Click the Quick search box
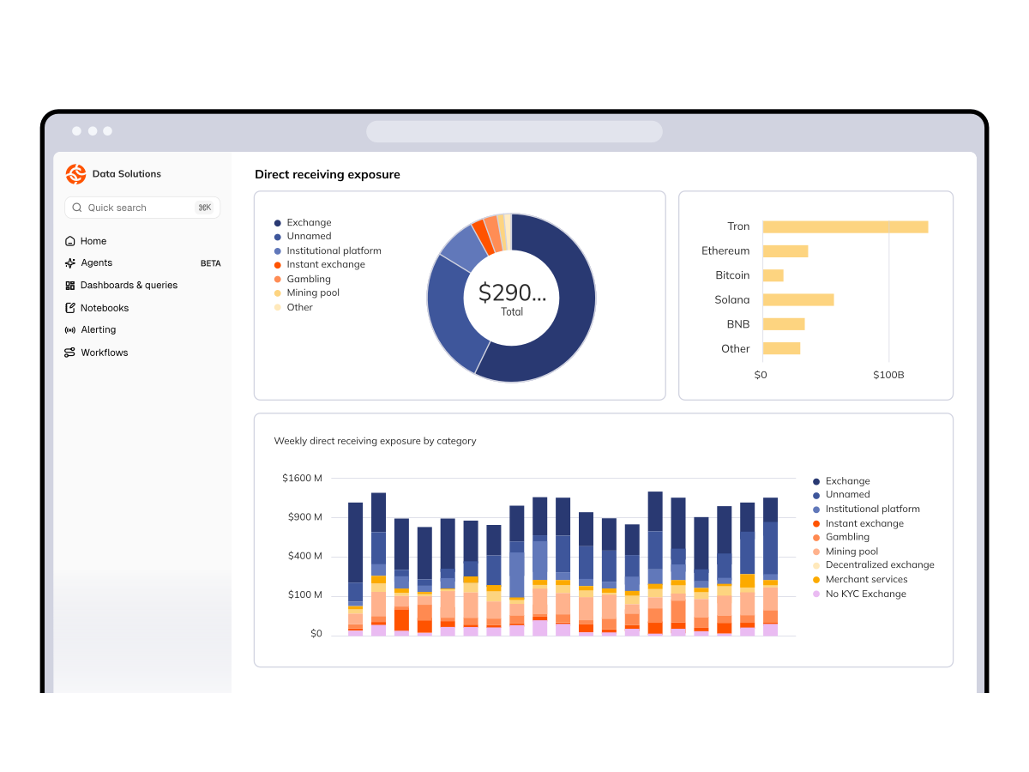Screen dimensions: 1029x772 (x=142, y=208)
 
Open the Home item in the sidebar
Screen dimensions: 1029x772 (x=86, y=241)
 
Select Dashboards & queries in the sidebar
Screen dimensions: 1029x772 (x=121, y=285)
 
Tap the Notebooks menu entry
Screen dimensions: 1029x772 (x=97, y=308)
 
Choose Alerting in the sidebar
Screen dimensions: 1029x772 (x=90, y=329)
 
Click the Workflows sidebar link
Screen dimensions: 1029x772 (x=96, y=353)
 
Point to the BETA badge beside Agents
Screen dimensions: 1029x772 (x=210, y=263)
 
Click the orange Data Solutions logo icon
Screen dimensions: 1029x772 (x=76, y=174)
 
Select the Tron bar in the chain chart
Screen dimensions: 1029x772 (x=845, y=226)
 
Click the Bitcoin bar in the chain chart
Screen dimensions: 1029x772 (x=773, y=275)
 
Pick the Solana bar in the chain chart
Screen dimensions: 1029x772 (x=798, y=299)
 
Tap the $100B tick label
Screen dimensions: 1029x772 (x=888, y=375)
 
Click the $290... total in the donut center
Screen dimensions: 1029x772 (x=512, y=293)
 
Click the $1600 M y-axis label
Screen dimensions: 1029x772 (x=302, y=478)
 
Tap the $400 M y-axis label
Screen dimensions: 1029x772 (x=304, y=556)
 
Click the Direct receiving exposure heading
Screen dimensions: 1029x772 (x=328, y=174)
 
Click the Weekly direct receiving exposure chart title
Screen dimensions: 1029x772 (x=375, y=441)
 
